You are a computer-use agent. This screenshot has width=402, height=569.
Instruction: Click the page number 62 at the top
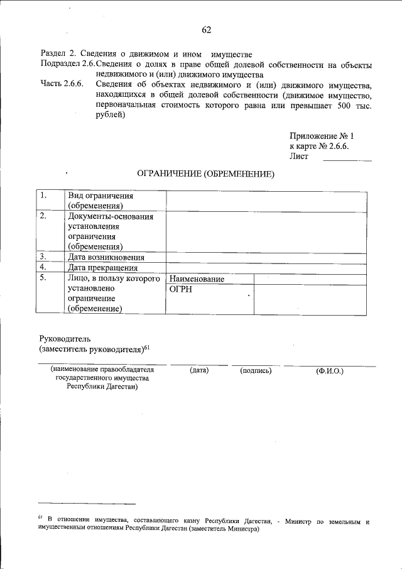pos(207,30)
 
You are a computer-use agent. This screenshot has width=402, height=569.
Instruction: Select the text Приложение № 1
pos(322,136)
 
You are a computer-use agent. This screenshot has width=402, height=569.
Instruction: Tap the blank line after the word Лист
pos(347,158)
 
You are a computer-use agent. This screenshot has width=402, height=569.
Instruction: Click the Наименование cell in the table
pos(197,279)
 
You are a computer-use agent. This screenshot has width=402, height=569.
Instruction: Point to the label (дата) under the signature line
pos(198,371)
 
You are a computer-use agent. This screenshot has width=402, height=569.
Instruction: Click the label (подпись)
pos(256,371)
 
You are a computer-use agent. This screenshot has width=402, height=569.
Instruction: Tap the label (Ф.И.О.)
pos(330,371)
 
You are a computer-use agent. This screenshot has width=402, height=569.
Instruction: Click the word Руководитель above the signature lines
pos(65,338)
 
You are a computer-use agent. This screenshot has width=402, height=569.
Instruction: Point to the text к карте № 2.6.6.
pos(319,146)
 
